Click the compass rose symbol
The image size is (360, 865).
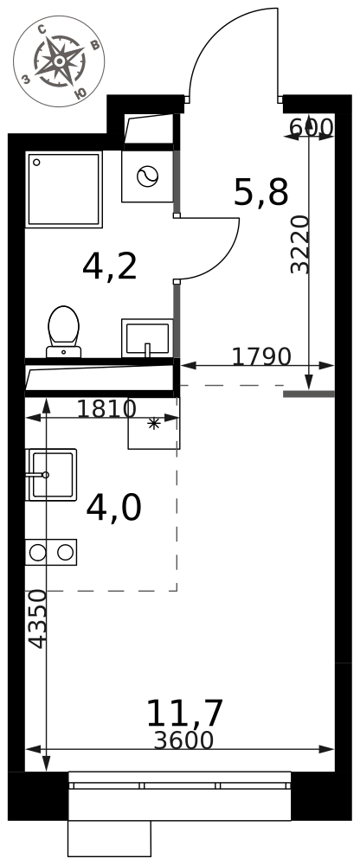click(x=59, y=61)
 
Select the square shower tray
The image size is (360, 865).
click(x=64, y=189)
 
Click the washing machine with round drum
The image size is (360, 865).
click(x=147, y=176)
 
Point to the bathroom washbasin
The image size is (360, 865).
click(x=147, y=337)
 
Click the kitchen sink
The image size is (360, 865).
click(x=51, y=474)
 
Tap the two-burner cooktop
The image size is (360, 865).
click(x=51, y=552)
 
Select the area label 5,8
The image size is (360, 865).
click(x=261, y=193)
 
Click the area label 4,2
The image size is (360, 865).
click(x=109, y=266)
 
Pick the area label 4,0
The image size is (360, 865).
click(x=113, y=508)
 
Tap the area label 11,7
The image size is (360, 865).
click(x=184, y=713)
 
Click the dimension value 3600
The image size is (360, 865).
click(x=183, y=740)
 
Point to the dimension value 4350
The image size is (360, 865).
click(x=37, y=619)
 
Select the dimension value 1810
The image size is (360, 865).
click(x=106, y=409)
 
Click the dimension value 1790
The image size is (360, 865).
click(x=261, y=357)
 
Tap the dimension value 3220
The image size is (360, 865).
click(x=299, y=245)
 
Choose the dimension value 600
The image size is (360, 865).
click(x=312, y=127)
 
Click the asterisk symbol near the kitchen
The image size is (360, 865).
click(x=153, y=424)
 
